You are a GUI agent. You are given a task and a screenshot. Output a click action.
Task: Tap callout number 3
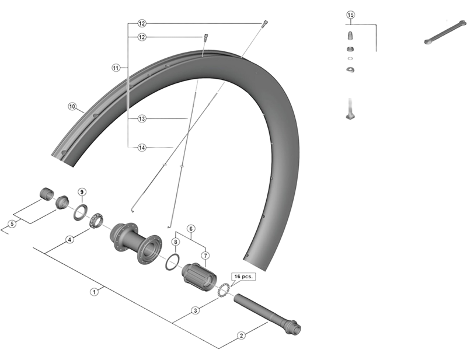point(196,310)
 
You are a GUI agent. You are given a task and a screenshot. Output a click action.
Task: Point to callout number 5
point(12,224)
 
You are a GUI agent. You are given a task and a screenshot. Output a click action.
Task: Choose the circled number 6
point(190,228)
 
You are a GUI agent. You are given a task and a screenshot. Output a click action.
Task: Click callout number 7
point(205,255)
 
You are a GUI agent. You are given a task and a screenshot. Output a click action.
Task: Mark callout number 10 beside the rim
point(72,107)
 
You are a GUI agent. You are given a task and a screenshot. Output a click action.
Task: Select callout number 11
point(116,68)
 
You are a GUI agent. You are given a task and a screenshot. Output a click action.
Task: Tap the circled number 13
point(141,118)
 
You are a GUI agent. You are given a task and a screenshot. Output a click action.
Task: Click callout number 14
point(141,148)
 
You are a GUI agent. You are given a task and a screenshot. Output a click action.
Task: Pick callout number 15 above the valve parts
point(350,14)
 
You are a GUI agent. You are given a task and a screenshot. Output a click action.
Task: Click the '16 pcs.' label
point(243,277)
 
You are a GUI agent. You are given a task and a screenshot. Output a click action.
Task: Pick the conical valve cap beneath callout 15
point(350,36)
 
